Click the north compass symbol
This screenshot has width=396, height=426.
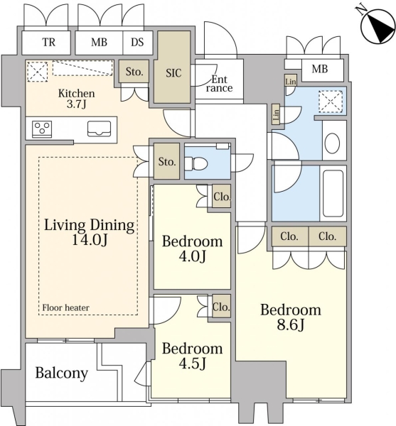point(377,26)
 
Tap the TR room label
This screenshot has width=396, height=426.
point(48,43)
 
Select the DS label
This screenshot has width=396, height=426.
point(137,43)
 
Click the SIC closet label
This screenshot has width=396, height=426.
point(173,73)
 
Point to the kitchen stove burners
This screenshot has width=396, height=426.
point(42,129)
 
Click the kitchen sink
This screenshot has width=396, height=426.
point(99,129)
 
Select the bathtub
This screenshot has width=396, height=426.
point(333,193)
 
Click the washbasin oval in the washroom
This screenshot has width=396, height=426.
point(332,143)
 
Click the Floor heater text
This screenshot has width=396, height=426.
point(65,307)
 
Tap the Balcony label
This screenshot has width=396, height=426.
point(62,373)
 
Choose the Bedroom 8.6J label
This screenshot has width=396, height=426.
point(291,317)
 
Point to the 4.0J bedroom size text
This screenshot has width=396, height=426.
point(192,256)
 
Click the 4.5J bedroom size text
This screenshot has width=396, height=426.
point(192,363)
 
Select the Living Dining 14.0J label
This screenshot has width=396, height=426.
point(89,232)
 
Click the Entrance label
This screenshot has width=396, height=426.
point(219,84)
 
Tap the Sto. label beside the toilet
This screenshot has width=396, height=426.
point(167,162)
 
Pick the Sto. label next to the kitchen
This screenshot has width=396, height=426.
point(134,72)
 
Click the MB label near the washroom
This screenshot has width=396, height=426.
point(320,69)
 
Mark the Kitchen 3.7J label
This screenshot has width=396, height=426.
point(76,99)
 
